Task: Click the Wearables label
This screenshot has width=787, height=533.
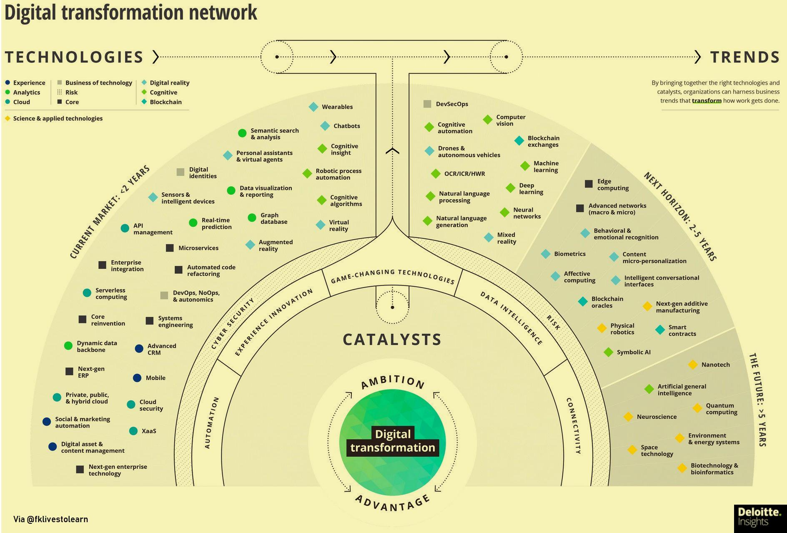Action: coord(337,107)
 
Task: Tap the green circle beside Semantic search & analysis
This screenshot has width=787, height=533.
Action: coord(242,133)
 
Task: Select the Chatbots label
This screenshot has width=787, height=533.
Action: coord(346,126)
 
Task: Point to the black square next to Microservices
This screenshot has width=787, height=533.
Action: coord(170,248)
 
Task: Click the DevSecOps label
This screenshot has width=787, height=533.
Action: coord(452,104)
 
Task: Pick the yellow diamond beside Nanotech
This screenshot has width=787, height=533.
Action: coord(692,365)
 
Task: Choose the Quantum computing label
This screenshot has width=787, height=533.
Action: coord(721,409)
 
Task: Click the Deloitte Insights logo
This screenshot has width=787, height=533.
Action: coord(759,517)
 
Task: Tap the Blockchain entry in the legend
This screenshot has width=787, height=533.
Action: coord(165,102)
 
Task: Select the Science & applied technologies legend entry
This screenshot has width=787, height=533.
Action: coord(58,118)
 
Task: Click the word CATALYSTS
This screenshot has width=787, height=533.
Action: coord(392,340)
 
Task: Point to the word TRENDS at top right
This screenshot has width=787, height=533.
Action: coord(744,57)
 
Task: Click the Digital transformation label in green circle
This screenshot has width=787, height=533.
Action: coord(393,441)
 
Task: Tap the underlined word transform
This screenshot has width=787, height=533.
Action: coord(707,101)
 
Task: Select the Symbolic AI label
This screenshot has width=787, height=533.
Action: coord(633,352)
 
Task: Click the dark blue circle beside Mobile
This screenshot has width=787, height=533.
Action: coord(137,378)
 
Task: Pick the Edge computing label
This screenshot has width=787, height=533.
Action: coord(613,185)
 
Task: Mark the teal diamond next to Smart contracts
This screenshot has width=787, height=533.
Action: coord(660,330)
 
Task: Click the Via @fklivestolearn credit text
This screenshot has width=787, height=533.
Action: coord(51,519)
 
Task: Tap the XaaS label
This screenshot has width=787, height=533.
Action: coord(149,431)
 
